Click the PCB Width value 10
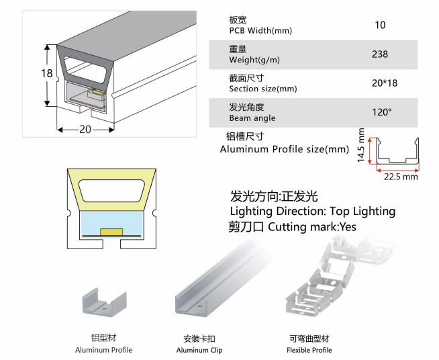click(380, 26)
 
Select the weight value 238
click(380, 54)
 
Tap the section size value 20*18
click(381, 83)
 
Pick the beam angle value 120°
click(381, 112)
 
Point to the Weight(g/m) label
click(254, 60)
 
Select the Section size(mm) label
click(262, 89)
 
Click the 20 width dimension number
click(85, 130)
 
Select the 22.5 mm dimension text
click(401, 177)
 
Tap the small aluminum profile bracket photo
click(104, 301)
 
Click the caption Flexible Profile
click(309, 350)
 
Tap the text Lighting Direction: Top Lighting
click(312, 212)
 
